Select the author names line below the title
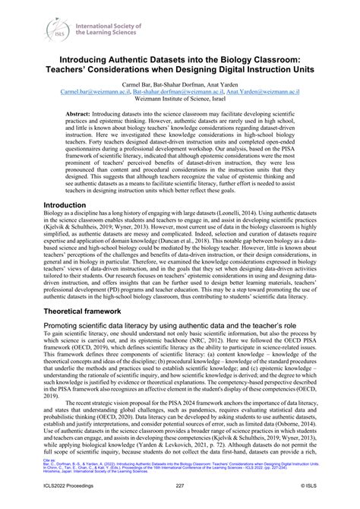pos(180,84)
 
